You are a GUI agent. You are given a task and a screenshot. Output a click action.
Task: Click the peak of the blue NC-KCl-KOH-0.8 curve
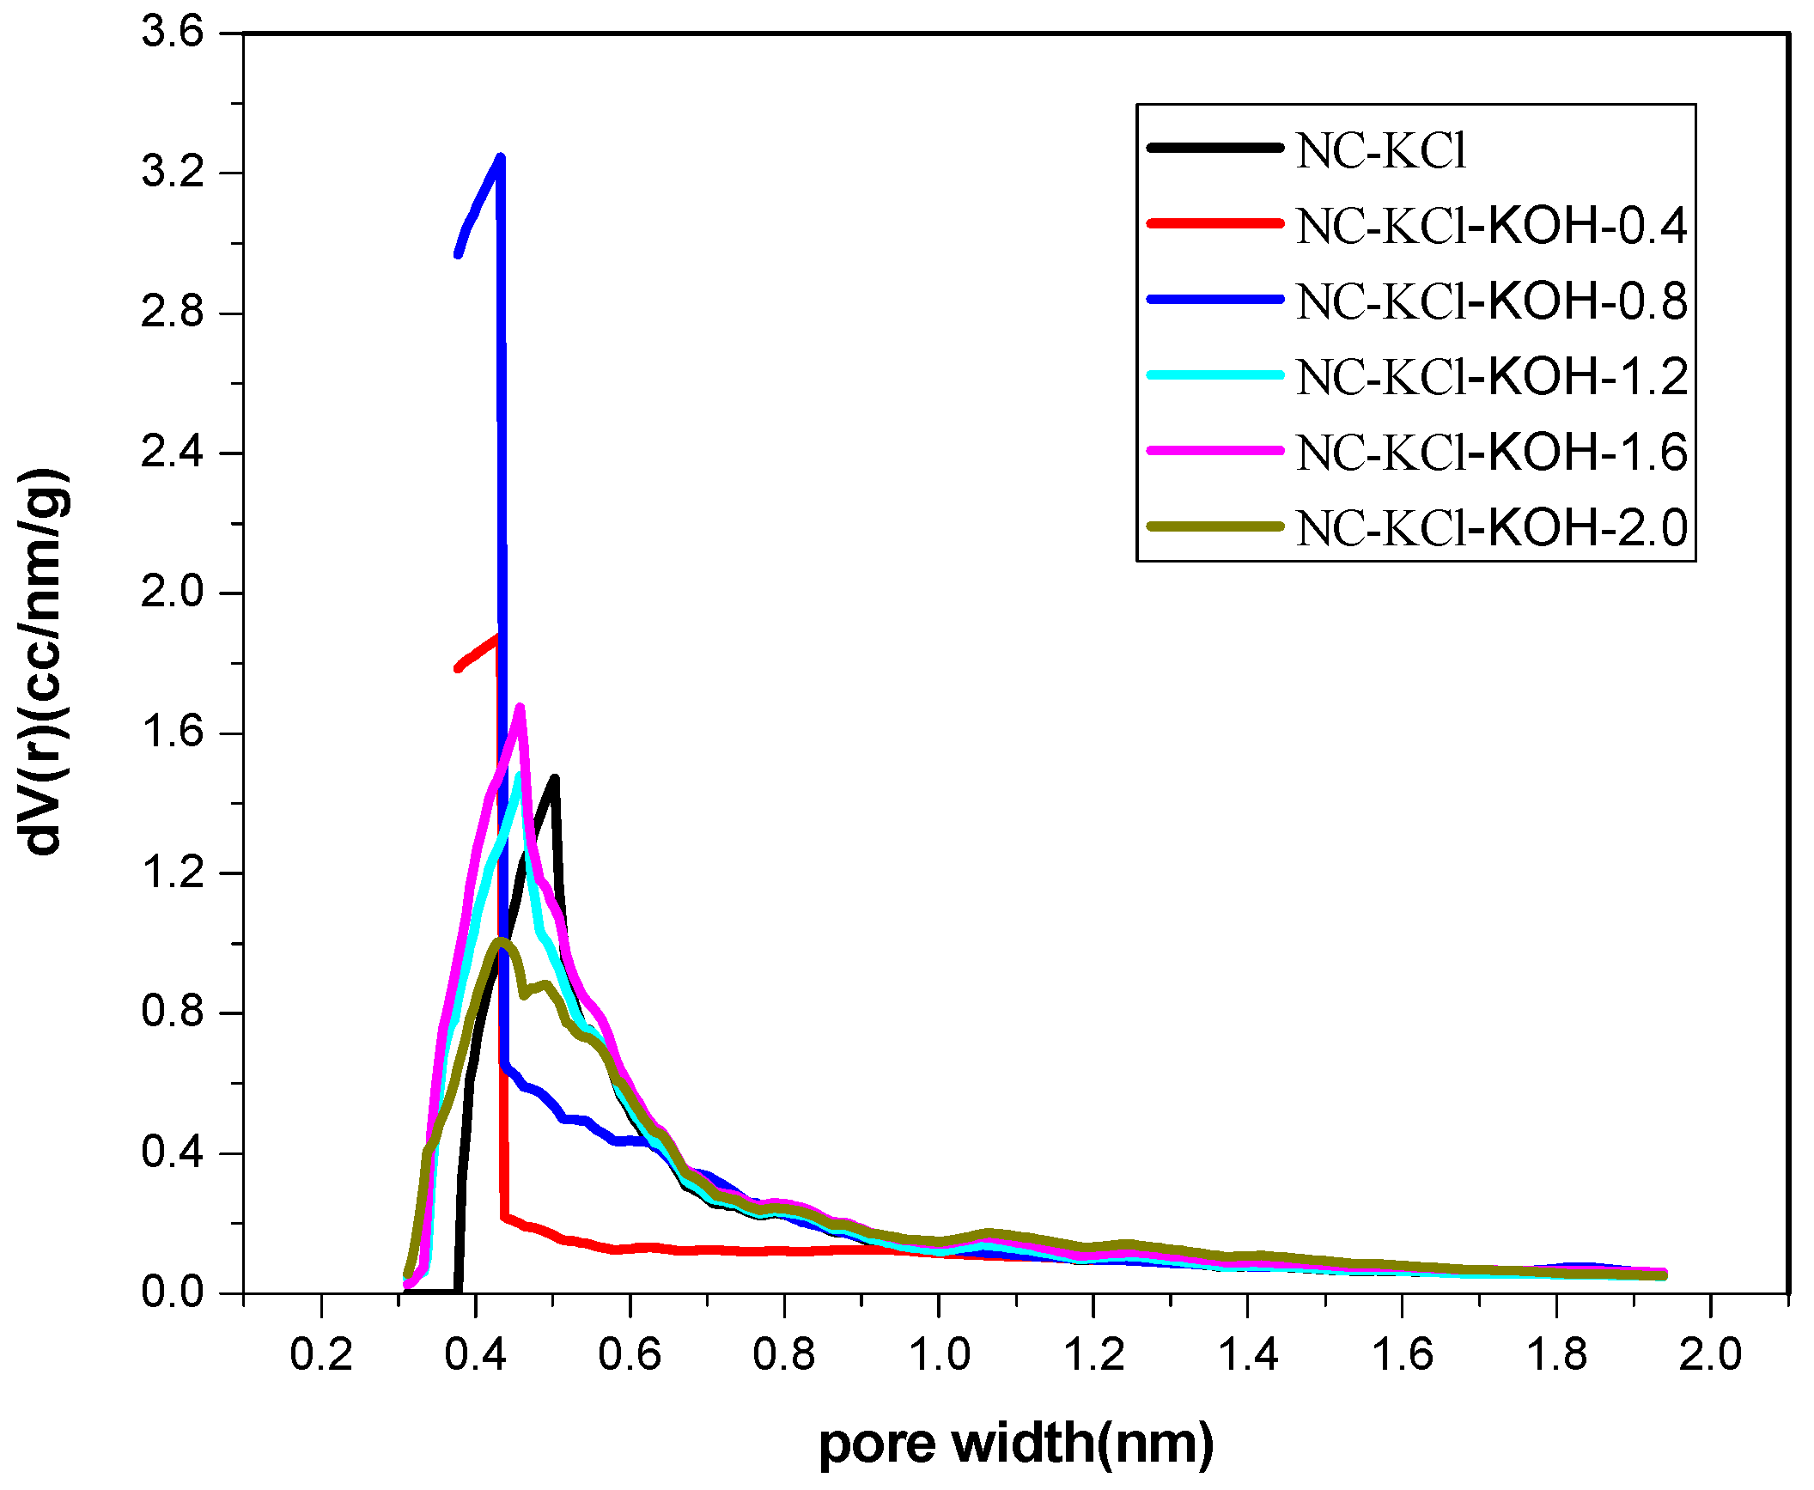(x=501, y=158)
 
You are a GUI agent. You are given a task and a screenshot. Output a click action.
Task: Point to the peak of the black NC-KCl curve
(x=555, y=779)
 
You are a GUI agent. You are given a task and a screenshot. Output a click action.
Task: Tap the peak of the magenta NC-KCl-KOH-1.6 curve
(x=520, y=708)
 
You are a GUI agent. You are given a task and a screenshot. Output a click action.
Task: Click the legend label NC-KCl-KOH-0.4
(x=1492, y=226)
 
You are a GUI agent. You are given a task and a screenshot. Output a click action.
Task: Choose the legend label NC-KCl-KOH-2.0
(x=1492, y=527)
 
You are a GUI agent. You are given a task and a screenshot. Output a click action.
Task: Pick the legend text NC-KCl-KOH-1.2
(x=1492, y=376)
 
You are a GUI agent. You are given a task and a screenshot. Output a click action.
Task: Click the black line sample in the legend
(x=1214, y=149)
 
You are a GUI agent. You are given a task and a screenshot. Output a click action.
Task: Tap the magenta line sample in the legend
(x=1214, y=450)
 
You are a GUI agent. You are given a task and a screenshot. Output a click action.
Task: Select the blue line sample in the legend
(x=1214, y=300)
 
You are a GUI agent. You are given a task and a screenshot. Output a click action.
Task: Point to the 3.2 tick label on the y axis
(x=173, y=172)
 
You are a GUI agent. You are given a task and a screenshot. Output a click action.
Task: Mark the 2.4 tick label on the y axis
(x=173, y=452)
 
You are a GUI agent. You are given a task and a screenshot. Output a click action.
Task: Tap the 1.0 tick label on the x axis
(x=939, y=1355)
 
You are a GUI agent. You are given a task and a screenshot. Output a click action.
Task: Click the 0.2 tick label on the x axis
(x=321, y=1355)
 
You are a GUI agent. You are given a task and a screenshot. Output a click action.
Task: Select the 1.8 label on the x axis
(x=1556, y=1355)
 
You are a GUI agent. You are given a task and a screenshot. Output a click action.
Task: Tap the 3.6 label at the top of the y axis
(x=173, y=33)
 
